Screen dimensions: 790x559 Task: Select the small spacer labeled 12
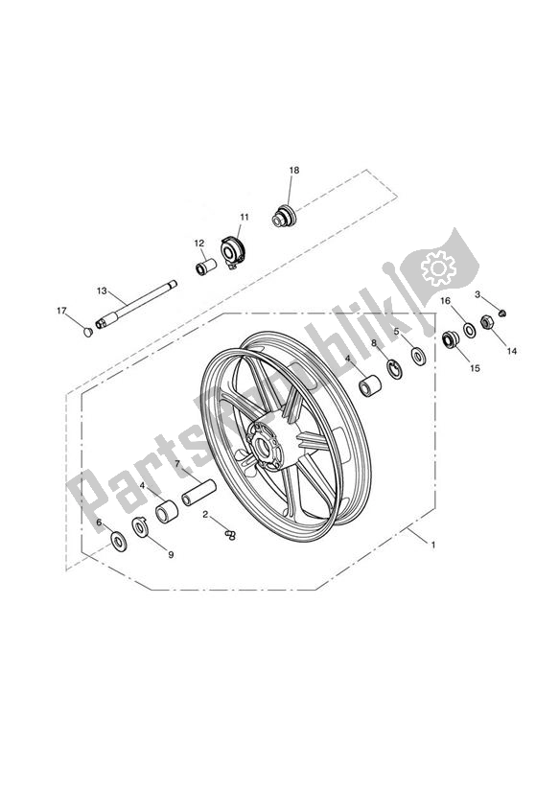[x=204, y=264]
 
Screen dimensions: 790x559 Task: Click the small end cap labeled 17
[x=87, y=332]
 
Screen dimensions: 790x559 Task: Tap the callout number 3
[x=477, y=294]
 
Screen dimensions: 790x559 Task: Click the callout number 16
[x=445, y=301]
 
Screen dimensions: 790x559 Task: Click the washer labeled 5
[x=419, y=355]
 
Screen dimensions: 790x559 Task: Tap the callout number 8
[x=374, y=343]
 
